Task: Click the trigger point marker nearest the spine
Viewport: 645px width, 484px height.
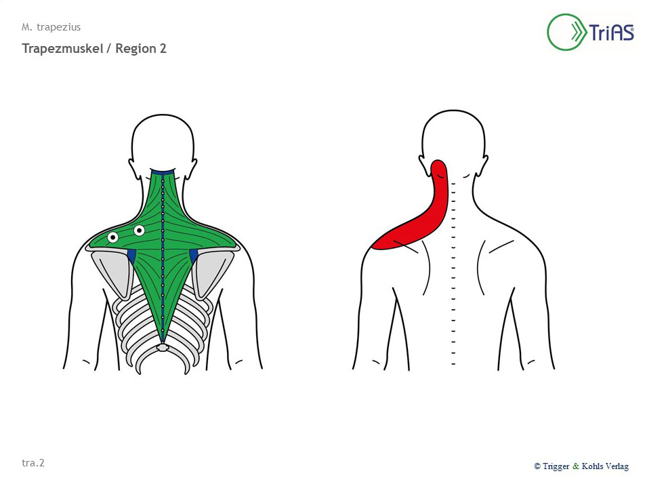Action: (139, 230)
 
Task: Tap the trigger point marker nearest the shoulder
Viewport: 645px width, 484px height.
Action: (112, 237)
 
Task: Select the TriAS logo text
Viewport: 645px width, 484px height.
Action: (611, 32)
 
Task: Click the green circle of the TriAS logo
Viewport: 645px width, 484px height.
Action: (548, 32)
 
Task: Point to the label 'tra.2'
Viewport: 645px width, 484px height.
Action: (33, 463)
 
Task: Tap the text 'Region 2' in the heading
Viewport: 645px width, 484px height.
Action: (141, 49)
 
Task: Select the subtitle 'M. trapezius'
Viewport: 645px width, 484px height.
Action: (51, 27)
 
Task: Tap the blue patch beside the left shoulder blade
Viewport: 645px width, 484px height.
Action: (131, 255)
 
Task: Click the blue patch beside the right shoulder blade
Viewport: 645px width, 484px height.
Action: (194, 255)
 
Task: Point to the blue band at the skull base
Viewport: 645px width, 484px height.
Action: (163, 172)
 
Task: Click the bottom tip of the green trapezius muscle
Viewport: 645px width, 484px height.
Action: (163, 342)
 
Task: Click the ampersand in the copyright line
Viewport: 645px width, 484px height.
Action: (575, 466)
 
